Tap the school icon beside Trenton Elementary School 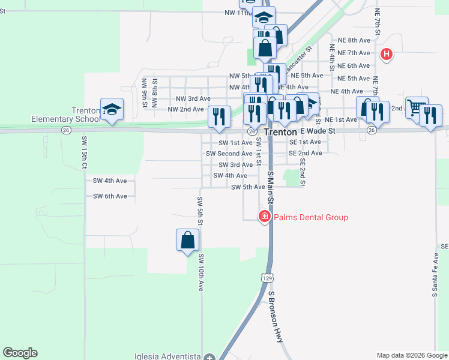pos(112,109)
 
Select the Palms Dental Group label pos(311,217)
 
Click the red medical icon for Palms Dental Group pos(264,217)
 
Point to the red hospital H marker pos(387,55)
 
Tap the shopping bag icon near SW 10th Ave pos(188,240)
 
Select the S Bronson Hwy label pos(276,317)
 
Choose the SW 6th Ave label pos(110,196)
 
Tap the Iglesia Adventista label pos(166,356)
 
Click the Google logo pos(20,353)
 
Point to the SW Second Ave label pos(229,154)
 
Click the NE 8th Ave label pos(355,40)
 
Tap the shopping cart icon pos(415,108)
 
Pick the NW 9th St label pos(145,92)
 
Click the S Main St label pos(270,185)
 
